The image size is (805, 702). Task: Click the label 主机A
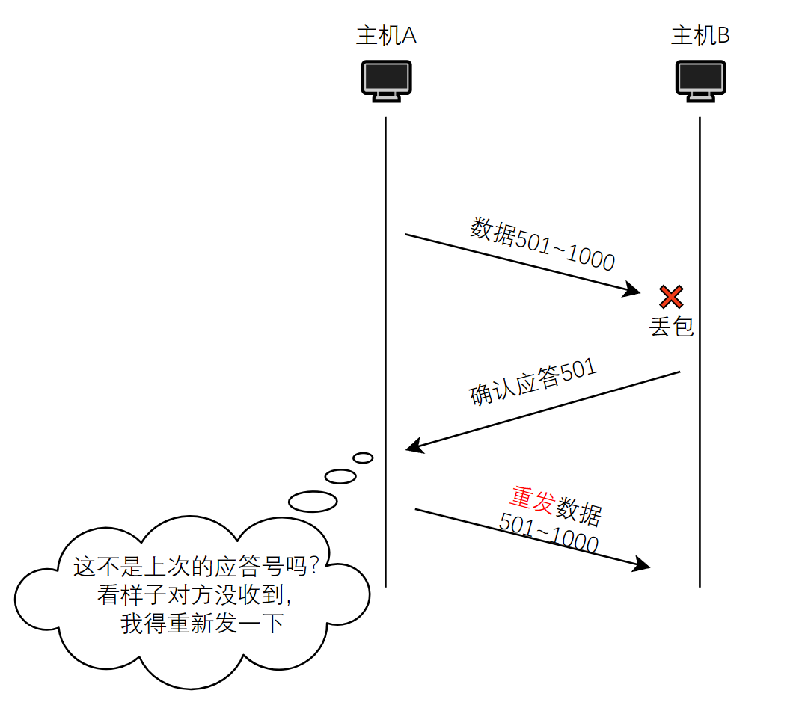pyautogui.click(x=385, y=35)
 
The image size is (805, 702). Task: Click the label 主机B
pyautogui.click(x=700, y=35)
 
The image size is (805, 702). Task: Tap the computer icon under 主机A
pyautogui.click(x=386, y=80)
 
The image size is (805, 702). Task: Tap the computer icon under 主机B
pyautogui.click(x=701, y=80)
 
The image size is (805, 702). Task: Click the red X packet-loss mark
pyautogui.click(x=671, y=297)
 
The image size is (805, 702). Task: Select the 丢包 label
pyautogui.click(x=671, y=327)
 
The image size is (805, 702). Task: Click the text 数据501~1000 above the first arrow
pyautogui.click(x=542, y=244)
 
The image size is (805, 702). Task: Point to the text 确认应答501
pyautogui.click(x=533, y=383)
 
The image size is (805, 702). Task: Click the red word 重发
pyautogui.click(x=532, y=499)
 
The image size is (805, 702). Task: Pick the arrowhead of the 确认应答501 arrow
pyautogui.click(x=413, y=447)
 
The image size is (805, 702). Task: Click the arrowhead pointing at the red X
pyautogui.click(x=635, y=290)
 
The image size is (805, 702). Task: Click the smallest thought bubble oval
pyautogui.click(x=363, y=458)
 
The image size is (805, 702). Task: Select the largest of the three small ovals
pyautogui.click(x=313, y=501)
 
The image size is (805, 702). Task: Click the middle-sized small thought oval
pyautogui.click(x=340, y=476)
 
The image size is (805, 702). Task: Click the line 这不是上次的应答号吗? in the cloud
pyautogui.click(x=196, y=567)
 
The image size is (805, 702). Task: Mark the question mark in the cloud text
pyautogui.click(x=313, y=567)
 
